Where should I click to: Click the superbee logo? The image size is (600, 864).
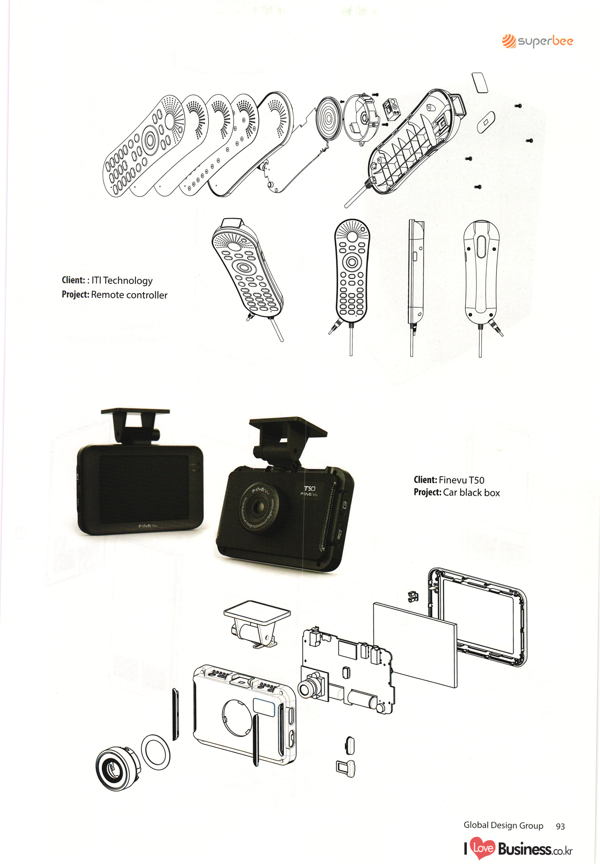[x=537, y=41]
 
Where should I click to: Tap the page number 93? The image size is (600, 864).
[x=560, y=826]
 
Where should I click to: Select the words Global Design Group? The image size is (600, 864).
[x=503, y=825]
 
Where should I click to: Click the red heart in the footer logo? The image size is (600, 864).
[x=482, y=848]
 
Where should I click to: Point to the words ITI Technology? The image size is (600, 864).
[x=122, y=281]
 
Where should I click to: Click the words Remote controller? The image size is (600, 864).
[x=129, y=295]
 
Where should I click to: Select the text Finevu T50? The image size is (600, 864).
[x=461, y=480]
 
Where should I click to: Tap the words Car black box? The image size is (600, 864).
[x=471, y=493]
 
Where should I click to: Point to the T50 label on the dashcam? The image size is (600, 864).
[x=309, y=488]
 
